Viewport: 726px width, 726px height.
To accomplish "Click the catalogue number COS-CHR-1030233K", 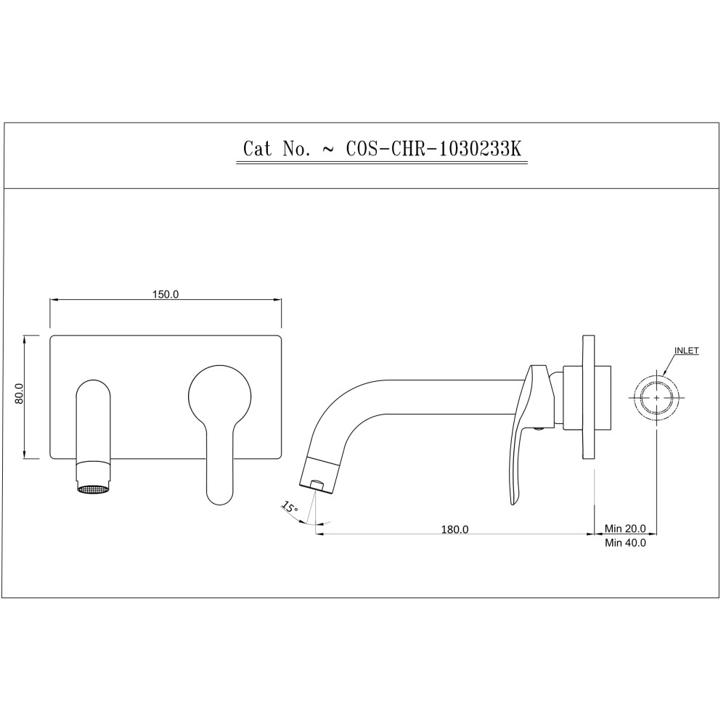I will coord(433,149).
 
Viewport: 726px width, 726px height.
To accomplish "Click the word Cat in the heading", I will coord(257,149).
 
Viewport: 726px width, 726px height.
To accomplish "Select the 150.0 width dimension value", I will coord(166,294).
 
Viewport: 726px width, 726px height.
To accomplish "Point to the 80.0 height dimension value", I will coord(20,394).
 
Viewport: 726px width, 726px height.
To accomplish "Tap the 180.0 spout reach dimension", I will coord(455,529).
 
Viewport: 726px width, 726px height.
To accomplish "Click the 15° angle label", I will coord(290,508).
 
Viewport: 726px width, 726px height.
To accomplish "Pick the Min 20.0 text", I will coord(626,529).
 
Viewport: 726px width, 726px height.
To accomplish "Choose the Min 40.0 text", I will coord(626,542).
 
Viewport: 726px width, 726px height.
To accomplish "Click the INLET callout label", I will coord(686,351).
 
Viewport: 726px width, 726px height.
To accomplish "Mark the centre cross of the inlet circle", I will coord(658,398).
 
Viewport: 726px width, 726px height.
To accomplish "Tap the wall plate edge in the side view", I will coord(588,397).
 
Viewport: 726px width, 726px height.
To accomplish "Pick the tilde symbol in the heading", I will coord(328,150).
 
